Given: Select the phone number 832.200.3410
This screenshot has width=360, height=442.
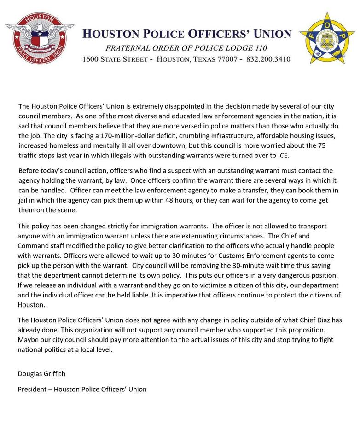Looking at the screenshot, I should [x=268, y=59].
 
